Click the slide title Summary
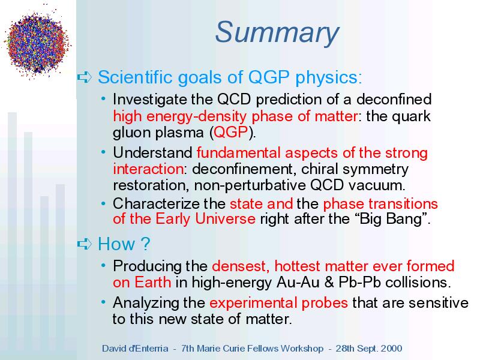point(277,33)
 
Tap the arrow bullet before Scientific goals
point(85,77)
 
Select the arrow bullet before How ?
point(85,244)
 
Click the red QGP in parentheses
point(230,132)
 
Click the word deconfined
point(394,99)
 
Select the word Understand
point(152,152)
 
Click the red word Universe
point(226,218)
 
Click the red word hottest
point(297,266)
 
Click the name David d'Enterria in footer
point(136,349)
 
